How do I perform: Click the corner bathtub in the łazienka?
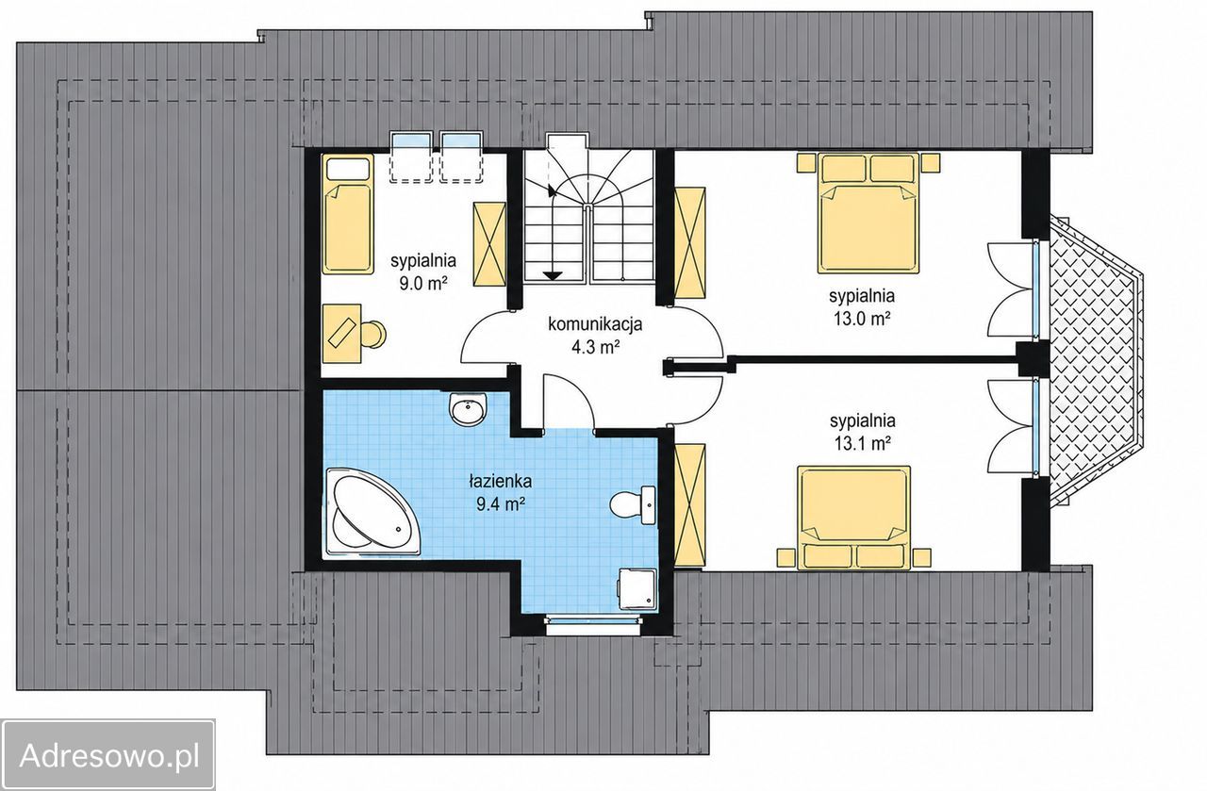click(x=372, y=511)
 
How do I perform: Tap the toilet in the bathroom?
click(x=633, y=505)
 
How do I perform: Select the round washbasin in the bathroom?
click(x=468, y=409)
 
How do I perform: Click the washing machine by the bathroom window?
click(x=637, y=589)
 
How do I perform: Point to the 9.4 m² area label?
click(x=501, y=505)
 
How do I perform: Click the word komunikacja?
click(x=595, y=323)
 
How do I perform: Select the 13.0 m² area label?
click(x=862, y=319)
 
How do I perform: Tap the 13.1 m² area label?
click(x=862, y=443)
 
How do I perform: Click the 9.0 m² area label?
click(x=423, y=284)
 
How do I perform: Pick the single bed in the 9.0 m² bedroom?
click(x=348, y=214)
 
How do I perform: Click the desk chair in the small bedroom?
click(x=373, y=334)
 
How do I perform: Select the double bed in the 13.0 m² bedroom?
click(x=868, y=213)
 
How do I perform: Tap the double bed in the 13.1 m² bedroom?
click(x=854, y=518)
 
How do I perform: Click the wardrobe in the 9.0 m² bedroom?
click(x=489, y=244)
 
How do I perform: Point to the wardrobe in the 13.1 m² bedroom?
click(x=689, y=505)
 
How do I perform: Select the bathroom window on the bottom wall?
click(x=594, y=620)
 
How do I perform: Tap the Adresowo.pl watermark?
click(x=109, y=755)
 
